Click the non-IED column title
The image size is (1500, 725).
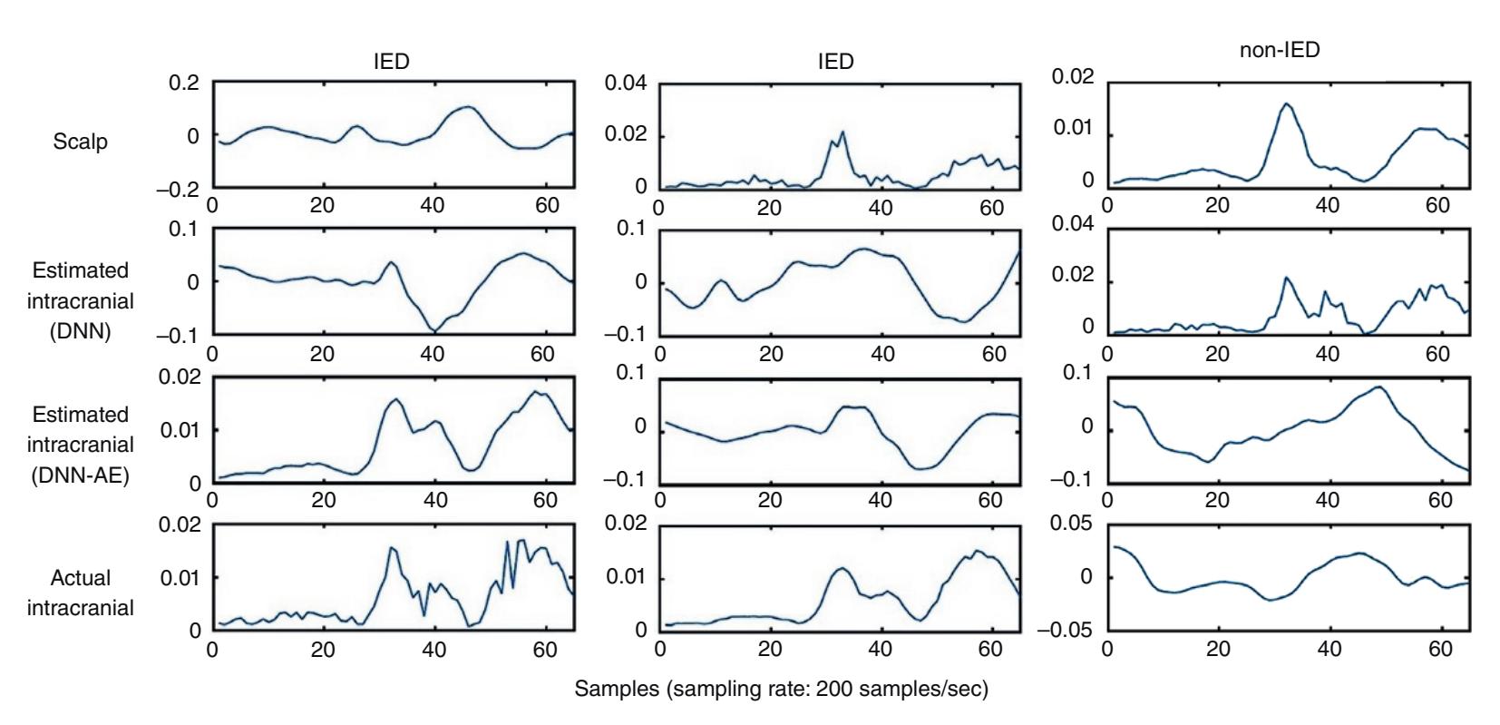coord(1279,51)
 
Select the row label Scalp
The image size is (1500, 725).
coord(80,142)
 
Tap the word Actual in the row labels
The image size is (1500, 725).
coord(81,578)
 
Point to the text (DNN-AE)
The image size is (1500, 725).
coord(81,475)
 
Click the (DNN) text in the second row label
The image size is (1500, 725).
coord(81,330)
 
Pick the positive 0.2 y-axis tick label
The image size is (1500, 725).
coord(183,83)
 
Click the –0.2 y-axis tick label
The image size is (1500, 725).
coord(177,189)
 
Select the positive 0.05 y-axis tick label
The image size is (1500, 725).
coord(1072,524)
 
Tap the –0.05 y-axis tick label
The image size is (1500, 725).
coord(1066,630)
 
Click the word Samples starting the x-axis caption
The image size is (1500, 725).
coord(617,689)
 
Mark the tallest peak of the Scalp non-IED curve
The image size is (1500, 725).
coord(1285,103)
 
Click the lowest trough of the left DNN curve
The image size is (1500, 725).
coord(434,331)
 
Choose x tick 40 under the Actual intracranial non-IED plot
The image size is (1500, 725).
coord(1328,650)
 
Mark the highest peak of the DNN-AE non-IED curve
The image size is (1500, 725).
coord(1378,387)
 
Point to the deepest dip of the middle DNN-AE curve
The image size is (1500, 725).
coord(921,469)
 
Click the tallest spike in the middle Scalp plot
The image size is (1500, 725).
coord(843,132)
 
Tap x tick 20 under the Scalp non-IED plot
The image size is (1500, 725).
coord(1217,205)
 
